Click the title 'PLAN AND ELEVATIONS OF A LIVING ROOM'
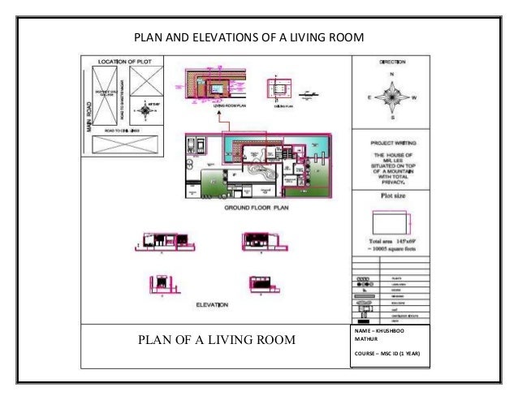(x=248, y=37)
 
